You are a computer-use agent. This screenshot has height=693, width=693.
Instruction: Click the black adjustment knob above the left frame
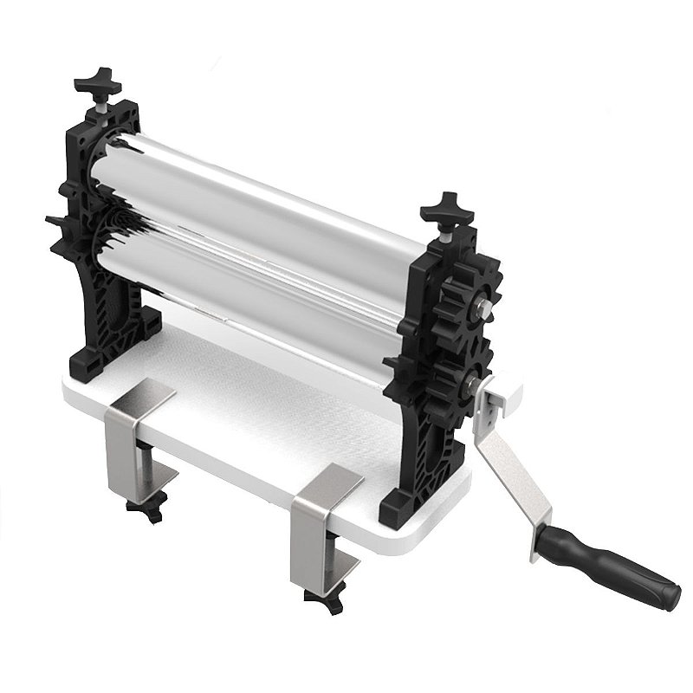point(97,83)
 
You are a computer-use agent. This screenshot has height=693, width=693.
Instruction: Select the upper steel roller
point(260,186)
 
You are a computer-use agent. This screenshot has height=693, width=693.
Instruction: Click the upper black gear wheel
point(468,299)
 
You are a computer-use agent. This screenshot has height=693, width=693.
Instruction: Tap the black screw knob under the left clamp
point(146,508)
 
